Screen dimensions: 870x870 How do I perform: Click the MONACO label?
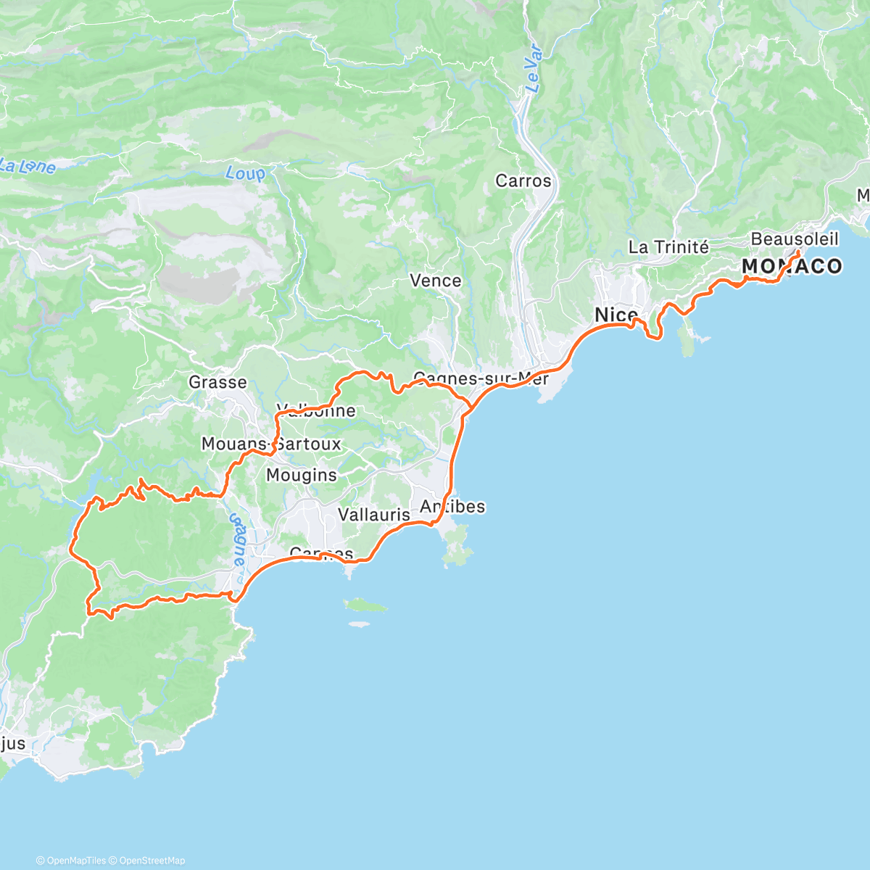pyautogui.click(x=792, y=267)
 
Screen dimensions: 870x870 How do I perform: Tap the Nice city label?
pyautogui.click(x=616, y=315)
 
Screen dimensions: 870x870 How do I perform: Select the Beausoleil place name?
pyautogui.click(x=794, y=239)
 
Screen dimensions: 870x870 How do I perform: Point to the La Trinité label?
pyautogui.click(x=668, y=247)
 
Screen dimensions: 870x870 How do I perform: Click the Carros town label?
pyautogui.click(x=523, y=181)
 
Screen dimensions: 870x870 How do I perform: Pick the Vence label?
pyautogui.click(x=435, y=281)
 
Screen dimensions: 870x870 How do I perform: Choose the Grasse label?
pyautogui.click(x=217, y=382)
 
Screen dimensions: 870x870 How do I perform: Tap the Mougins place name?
pyautogui.click(x=301, y=476)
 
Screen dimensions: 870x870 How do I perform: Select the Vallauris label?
pyautogui.click(x=374, y=515)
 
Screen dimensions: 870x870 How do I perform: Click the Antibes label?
pyautogui.click(x=452, y=507)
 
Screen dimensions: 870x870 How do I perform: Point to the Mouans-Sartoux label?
pyautogui.click(x=271, y=444)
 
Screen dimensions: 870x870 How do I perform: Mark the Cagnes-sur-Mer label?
pyautogui.click(x=481, y=378)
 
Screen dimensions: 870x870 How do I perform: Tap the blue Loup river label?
pyautogui.click(x=245, y=173)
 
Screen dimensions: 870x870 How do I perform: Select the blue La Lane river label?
pyautogui.click(x=28, y=166)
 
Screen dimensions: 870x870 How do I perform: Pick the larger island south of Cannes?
pyautogui.click(x=365, y=605)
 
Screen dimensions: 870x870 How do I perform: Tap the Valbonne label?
pyautogui.click(x=317, y=411)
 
